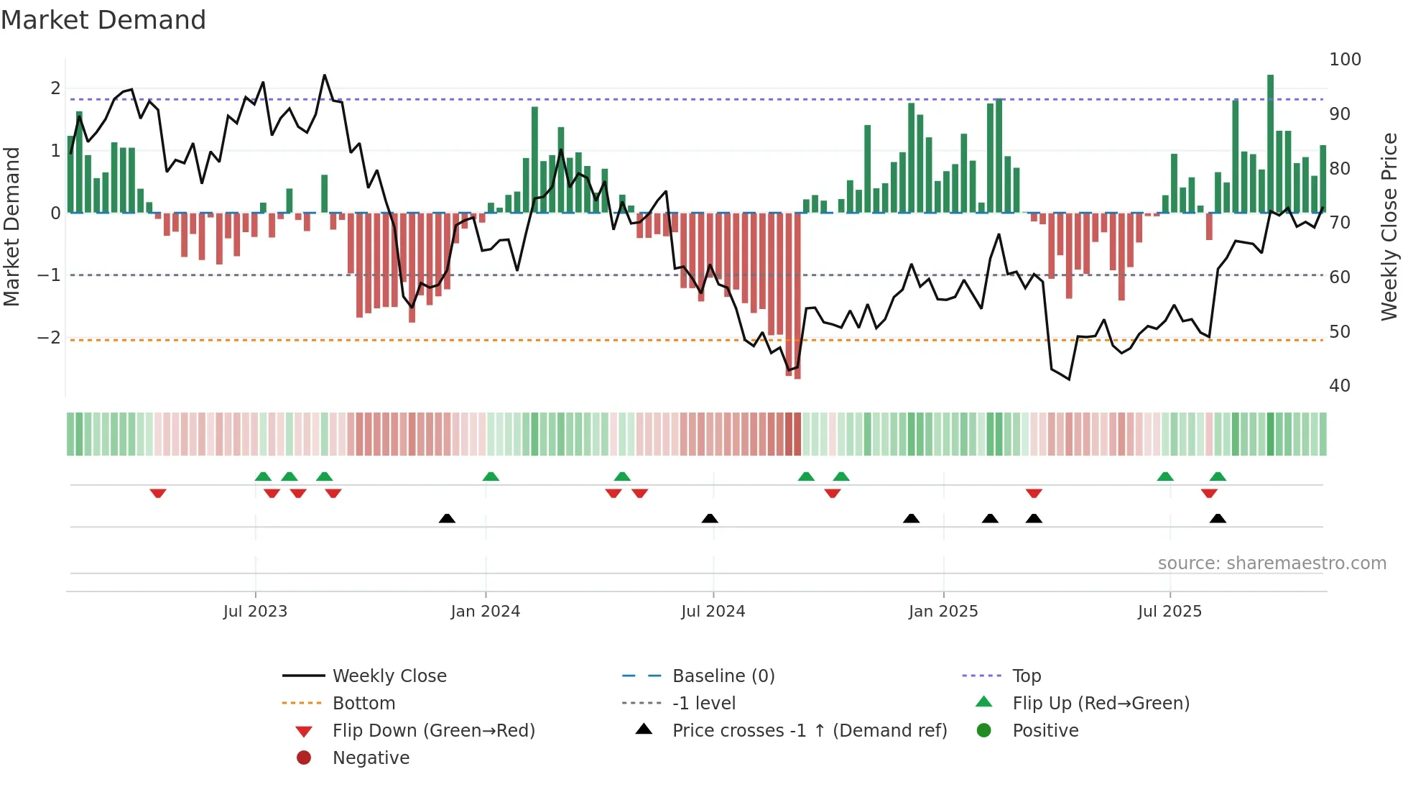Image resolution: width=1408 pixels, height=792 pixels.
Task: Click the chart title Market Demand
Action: pyautogui.click(x=103, y=20)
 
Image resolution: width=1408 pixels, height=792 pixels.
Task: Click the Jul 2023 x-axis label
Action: pyautogui.click(x=255, y=612)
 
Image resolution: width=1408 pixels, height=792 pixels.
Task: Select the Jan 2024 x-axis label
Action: pyautogui.click(x=485, y=612)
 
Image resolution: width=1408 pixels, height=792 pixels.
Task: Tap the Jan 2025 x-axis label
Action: pyautogui.click(x=942, y=612)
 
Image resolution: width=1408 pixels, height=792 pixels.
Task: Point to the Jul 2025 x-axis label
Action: pyautogui.click(x=1170, y=612)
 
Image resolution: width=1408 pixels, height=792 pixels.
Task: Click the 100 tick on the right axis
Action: pyautogui.click(x=1345, y=60)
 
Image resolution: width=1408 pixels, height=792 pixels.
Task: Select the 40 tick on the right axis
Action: pyautogui.click(x=1339, y=386)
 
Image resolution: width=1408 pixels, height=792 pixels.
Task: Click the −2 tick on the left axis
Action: pyautogui.click(x=49, y=338)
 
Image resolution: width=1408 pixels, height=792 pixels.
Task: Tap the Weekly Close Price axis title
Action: pyautogui.click(x=1389, y=226)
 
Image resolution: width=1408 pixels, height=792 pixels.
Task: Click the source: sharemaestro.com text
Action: pyautogui.click(x=1272, y=563)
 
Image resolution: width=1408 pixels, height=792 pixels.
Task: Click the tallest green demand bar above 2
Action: pyautogui.click(x=1270, y=144)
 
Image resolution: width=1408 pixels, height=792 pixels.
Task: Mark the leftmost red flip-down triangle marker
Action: pyautogui.click(x=158, y=493)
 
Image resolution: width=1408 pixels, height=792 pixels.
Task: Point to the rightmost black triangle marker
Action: pyautogui.click(x=1218, y=518)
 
